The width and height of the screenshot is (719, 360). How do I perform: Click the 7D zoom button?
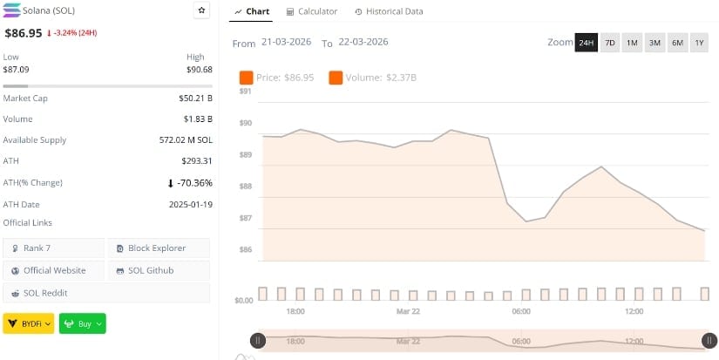point(610,43)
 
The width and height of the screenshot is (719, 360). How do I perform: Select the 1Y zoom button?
point(699,43)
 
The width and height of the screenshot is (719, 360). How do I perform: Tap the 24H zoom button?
point(586,43)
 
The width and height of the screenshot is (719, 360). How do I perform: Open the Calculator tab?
point(312,11)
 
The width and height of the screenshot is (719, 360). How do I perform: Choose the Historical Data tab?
point(389,11)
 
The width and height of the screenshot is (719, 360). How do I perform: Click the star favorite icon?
point(201,10)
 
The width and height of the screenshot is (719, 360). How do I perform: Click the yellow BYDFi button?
point(29,323)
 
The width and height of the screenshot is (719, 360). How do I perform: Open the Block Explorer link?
point(158,248)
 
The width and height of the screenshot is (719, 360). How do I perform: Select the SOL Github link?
point(158,270)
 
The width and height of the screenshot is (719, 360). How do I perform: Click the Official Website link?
point(54,270)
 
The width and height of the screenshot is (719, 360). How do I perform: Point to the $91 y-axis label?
point(245,91)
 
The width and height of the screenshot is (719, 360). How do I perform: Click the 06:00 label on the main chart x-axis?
point(521,311)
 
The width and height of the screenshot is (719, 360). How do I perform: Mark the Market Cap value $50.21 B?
point(195,98)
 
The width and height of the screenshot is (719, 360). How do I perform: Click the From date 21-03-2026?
point(287,42)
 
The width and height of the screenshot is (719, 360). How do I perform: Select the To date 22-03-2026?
point(363,42)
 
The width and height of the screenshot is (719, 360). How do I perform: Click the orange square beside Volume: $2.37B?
point(336,78)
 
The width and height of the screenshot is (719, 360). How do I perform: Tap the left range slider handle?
point(257,341)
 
